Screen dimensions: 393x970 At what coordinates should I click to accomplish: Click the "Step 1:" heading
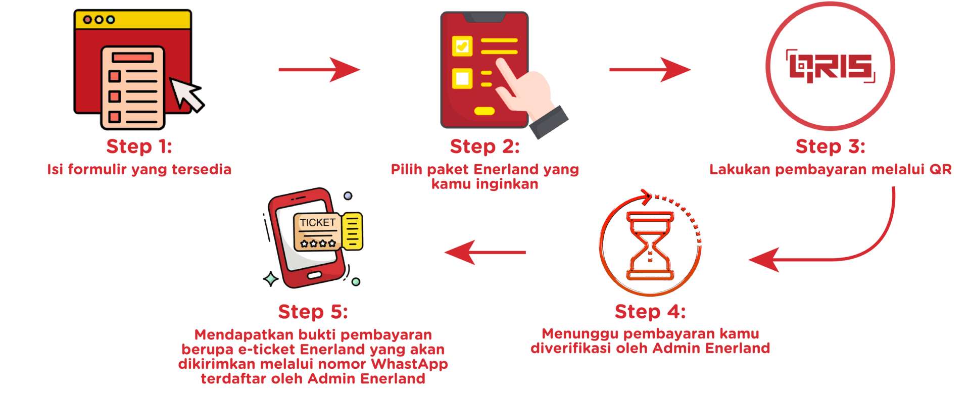pos(139,146)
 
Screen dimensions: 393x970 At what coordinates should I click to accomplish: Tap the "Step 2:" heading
pos(484,146)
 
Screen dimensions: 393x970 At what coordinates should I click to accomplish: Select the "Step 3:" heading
pos(830,146)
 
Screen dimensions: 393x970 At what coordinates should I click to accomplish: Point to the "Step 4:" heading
pos(650,312)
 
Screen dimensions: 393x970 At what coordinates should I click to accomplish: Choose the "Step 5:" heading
pos(313,312)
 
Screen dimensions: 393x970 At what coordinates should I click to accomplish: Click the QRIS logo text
pos(831,67)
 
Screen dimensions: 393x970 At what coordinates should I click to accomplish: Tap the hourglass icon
pos(650,245)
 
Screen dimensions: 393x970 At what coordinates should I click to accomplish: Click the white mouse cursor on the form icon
pos(185,93)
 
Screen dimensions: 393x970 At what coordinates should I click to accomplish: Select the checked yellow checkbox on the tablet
pos(462,46)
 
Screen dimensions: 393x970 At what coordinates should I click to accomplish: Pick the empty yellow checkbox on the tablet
pos(462,78)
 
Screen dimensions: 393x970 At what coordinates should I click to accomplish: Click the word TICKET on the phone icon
pos(317,223)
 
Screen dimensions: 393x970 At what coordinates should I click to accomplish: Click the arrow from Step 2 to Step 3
pos(650,69)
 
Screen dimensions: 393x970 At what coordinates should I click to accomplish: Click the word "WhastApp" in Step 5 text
pos(409,364)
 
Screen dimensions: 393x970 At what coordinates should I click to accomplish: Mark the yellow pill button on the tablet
pos(484,111)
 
